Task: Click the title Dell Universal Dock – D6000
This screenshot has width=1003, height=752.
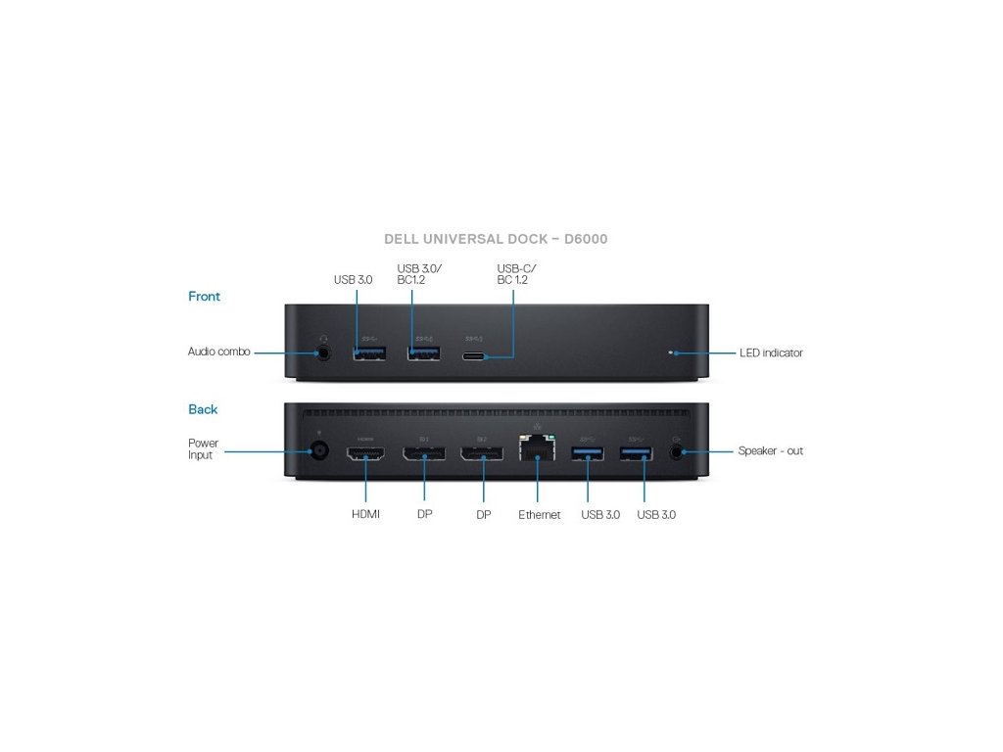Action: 496,239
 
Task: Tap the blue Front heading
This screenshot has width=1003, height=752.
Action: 204,296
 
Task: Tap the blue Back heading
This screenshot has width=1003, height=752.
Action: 203,409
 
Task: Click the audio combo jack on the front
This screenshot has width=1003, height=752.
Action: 324,352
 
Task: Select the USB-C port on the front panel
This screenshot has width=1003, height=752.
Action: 475,355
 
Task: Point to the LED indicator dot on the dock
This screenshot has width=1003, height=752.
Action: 671,352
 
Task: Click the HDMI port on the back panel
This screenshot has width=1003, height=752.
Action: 365,454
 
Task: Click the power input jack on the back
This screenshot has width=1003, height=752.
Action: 318,452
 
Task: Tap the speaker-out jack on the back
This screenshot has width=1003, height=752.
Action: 677,452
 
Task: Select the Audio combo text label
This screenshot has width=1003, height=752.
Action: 218,352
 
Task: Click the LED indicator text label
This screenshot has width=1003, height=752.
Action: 771,352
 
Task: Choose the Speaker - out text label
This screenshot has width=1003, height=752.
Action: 770,450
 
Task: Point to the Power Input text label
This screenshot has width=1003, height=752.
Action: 203,448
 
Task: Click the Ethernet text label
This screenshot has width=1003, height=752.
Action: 540,515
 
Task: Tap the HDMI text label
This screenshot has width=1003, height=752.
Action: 366,515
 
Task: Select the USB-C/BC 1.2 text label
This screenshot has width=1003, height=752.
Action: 516,274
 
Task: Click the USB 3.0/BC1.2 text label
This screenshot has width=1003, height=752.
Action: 419,274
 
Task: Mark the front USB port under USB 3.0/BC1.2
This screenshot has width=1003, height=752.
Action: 423,352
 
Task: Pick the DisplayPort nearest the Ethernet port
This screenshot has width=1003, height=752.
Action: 482,454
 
